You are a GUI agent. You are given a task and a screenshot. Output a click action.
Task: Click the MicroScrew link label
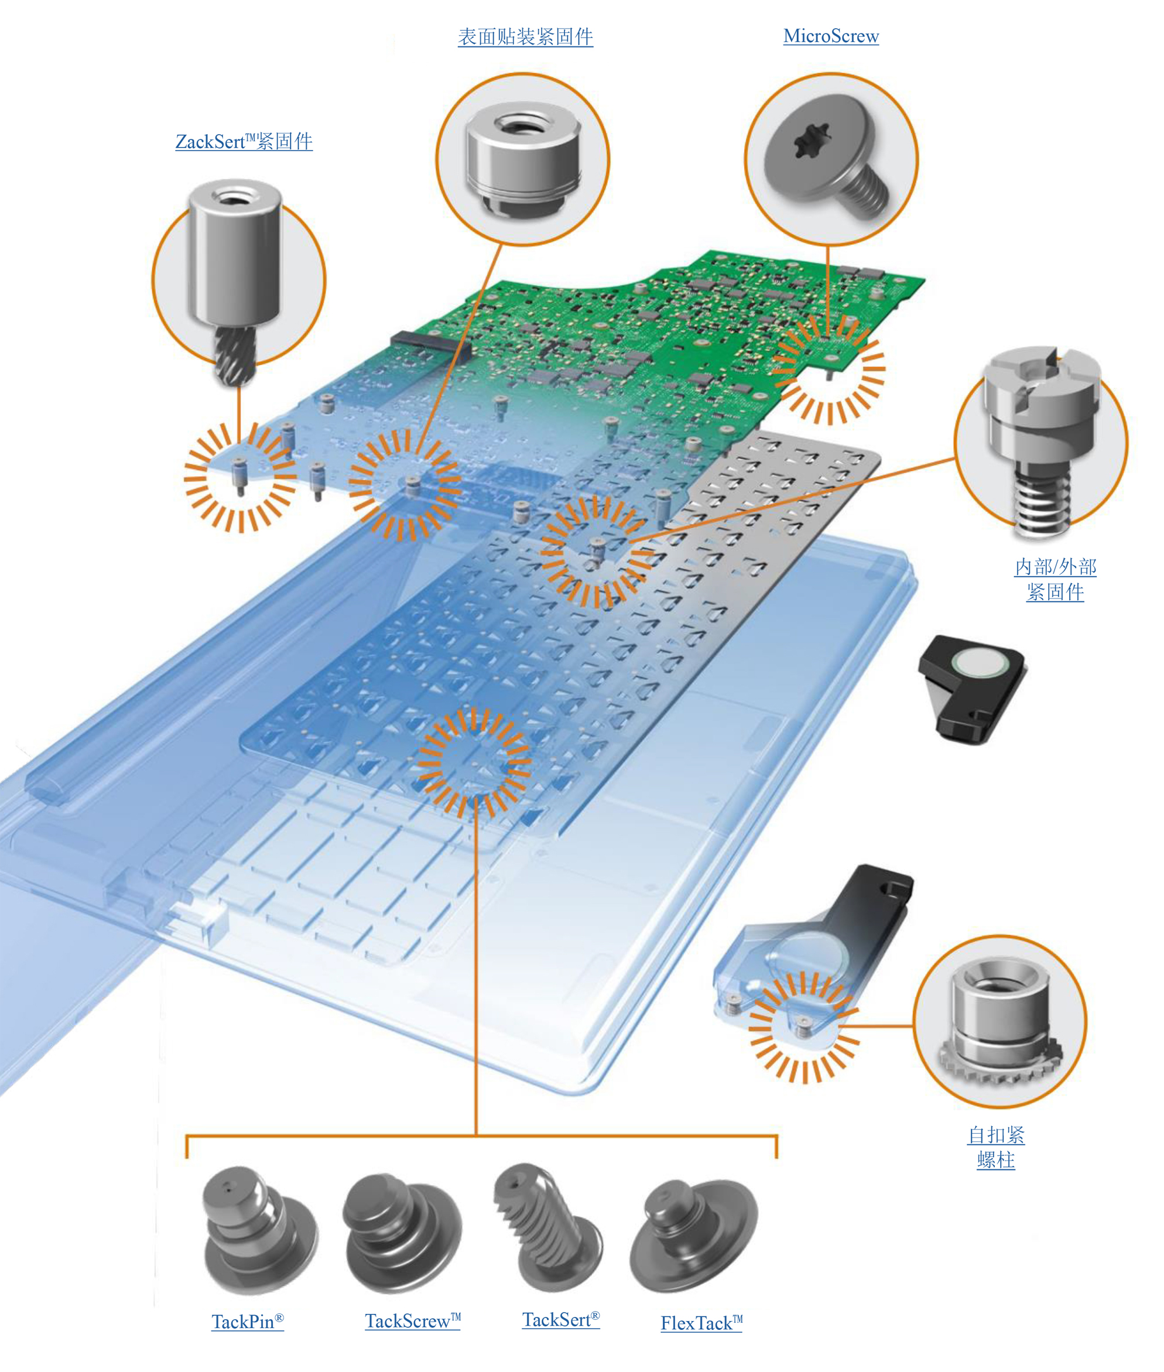coord(831,36)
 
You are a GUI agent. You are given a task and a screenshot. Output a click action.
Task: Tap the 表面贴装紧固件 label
coord(525,37)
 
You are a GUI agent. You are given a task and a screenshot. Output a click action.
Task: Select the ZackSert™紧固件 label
coord(244,141)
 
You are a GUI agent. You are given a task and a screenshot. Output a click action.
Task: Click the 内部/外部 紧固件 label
coord(1055,579)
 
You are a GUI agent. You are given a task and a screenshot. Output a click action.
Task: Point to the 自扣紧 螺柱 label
coord(996,1147)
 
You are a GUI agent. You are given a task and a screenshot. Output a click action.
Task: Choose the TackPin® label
coord(248,1321)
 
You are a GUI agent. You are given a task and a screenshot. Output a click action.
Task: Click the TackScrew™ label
coord(412,1320)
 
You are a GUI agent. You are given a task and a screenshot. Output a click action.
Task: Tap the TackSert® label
coord(561,1319)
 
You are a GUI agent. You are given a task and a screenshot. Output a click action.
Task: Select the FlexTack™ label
coord(701,1322)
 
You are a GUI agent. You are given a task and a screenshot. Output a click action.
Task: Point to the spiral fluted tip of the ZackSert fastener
coord(234,357)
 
